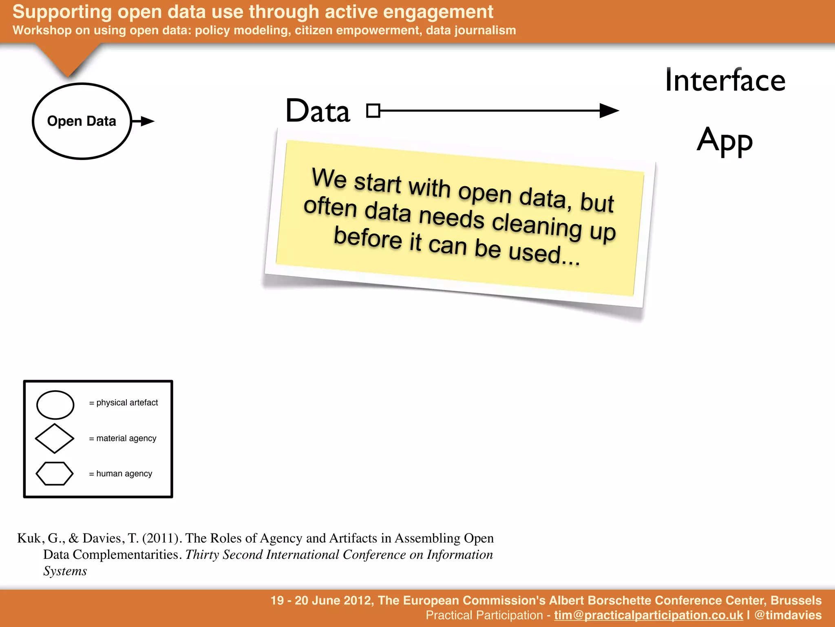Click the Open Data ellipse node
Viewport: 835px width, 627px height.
click(x=82, y=121)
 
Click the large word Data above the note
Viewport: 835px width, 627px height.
click(x=318, y=111)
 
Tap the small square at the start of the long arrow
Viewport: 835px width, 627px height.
click(x=373, y=111)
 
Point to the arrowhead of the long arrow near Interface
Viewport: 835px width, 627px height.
click(x=609, y=111)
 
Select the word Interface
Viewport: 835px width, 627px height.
click(x=725, y=80)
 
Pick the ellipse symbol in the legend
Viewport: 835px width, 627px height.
click(x=55, y=405)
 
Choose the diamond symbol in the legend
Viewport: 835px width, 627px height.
click(x=55, y=438)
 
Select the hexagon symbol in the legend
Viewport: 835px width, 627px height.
click(x=55, y=474)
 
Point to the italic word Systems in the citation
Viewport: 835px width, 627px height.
click(x=65, y=571)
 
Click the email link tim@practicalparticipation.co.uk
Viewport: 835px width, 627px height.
click(x=648, y=616)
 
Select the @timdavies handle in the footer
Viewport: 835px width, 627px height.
click(x=788, y=616)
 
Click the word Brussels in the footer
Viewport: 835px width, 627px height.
click(x=796, y=600)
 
